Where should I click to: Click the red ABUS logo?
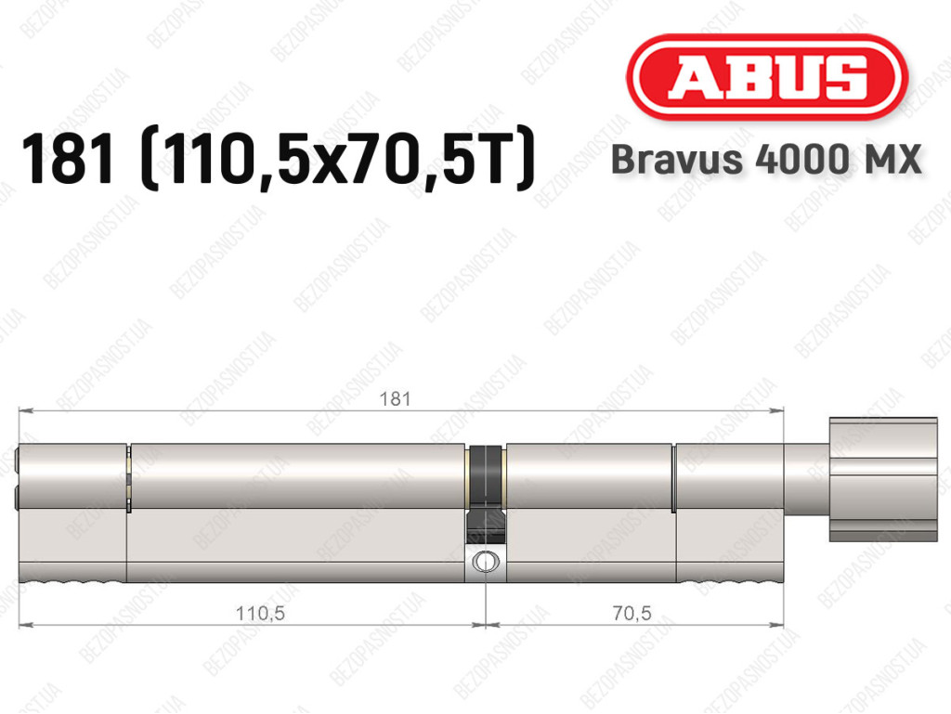click(x=766, y=77)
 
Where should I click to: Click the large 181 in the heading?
click(x=68, y=160)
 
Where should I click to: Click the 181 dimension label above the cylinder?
click(x=395, y=399)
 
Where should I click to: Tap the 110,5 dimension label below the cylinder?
click(x=260, y=614)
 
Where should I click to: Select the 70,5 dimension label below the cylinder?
click(x=632, y=614)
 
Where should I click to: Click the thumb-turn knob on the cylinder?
click(x=883, y=479)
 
